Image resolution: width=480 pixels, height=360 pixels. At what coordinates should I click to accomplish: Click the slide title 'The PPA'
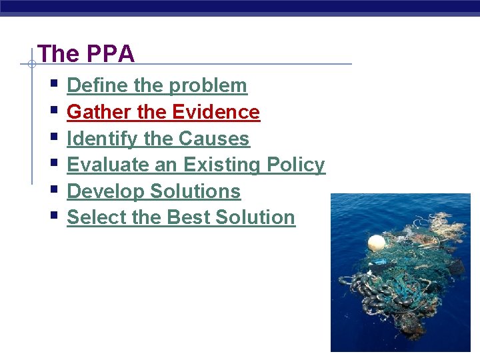coord(86,53)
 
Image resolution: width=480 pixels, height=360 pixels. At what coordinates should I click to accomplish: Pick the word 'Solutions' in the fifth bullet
coord(195,191)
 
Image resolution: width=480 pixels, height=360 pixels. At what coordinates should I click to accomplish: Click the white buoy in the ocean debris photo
coord(377,243)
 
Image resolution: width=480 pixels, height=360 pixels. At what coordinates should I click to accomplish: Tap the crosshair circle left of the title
coord(31,65)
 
